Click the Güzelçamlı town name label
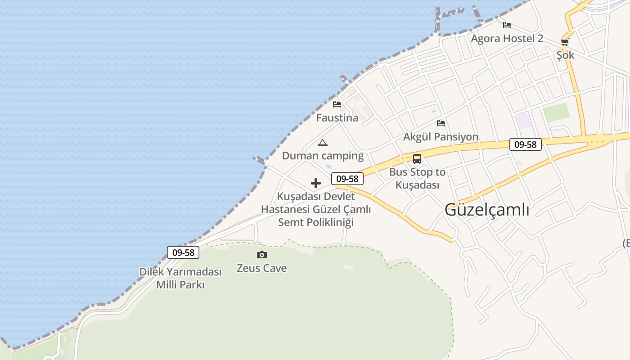coord(487,210)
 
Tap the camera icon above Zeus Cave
coord(261,255)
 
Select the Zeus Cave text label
coord(261,268)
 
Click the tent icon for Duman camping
coord(322,143)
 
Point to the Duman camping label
coord(323,156)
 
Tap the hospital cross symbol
coord(316,183)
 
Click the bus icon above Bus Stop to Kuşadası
coord(417,159)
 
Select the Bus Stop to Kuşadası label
coord(417,178)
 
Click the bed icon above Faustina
coord(337,104)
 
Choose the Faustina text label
coord(337,118)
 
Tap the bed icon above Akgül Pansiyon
coord(441,123)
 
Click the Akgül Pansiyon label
coord(441,137)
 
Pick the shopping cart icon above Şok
coord(565,42)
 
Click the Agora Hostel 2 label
coord(507,39)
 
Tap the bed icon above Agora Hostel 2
coord(507,25)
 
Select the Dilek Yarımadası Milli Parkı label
coord(180,278)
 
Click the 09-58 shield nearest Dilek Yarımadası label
coord(183,252)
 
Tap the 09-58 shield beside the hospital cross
coord(347,179)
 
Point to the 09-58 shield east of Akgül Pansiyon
coord(525,144)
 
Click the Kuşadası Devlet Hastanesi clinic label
coord(316,209)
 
